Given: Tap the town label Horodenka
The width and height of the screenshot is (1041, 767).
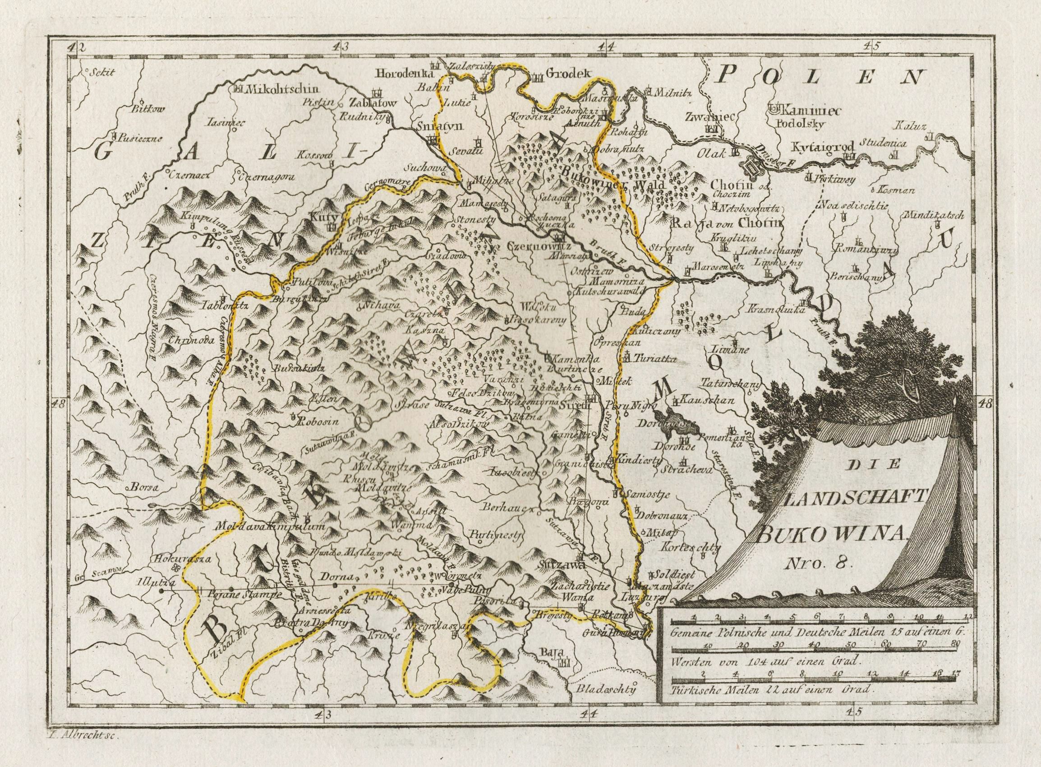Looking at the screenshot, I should tap(403, 73).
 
